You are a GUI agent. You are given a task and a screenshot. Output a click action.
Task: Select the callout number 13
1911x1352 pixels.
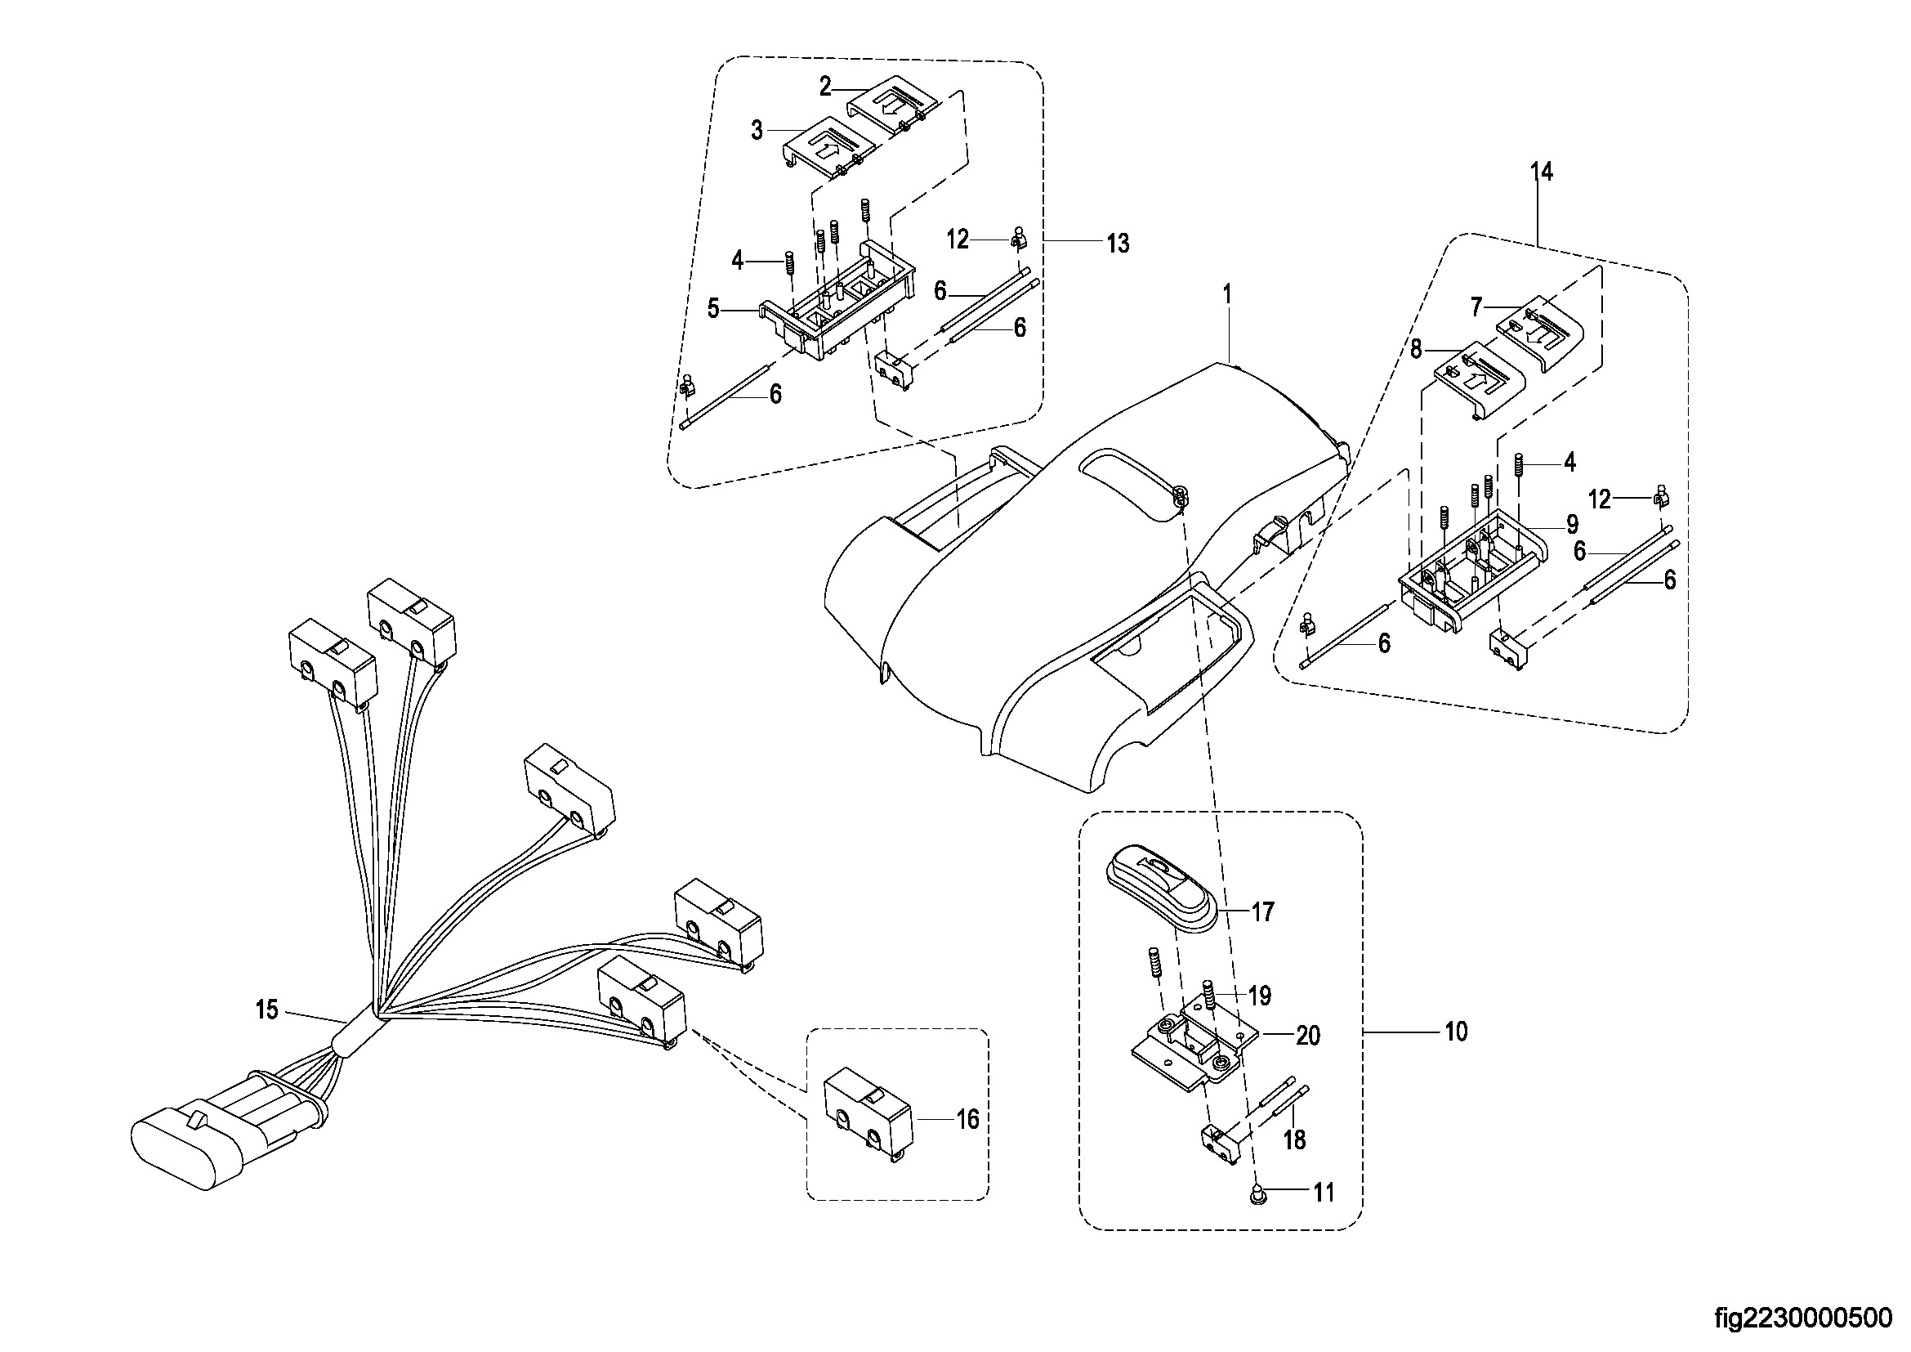point(1118,243)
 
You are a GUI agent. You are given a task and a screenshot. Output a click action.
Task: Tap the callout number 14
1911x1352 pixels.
point(1541,172)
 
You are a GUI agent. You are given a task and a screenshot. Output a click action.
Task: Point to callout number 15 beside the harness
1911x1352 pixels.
point(266,1010)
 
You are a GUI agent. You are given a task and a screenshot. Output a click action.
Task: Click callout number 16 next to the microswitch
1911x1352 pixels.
point(967,1120)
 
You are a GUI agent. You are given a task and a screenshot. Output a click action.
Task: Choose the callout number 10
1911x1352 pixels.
point(1456,1032)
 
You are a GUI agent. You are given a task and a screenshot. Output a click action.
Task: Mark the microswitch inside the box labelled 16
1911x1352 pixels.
point(868,1120)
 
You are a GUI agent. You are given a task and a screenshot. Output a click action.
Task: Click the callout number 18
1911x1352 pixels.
point(1295,1139)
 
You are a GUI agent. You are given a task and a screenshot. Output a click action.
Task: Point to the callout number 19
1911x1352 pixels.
point(1260,996)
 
